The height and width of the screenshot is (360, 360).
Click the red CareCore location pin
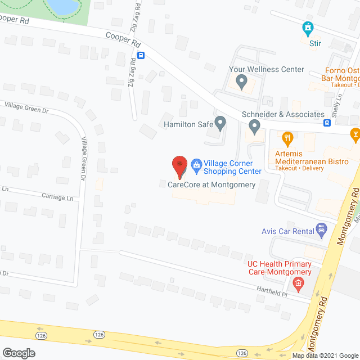coord(179,165)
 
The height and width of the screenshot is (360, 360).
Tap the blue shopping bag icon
coord(196,164)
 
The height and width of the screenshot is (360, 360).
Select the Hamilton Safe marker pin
coord(220,122)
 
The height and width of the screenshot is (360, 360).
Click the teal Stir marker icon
coord(307,27)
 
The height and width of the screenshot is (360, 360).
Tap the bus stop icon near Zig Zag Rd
coord(141,55)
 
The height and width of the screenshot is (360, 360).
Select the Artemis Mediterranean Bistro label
coord(312,158)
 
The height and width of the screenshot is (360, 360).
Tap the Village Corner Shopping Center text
coord(232,168)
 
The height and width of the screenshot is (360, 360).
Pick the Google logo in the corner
coord(19,353)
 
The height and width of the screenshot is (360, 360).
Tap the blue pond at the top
coord(62,6)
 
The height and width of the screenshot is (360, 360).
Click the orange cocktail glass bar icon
coord(355,134)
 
